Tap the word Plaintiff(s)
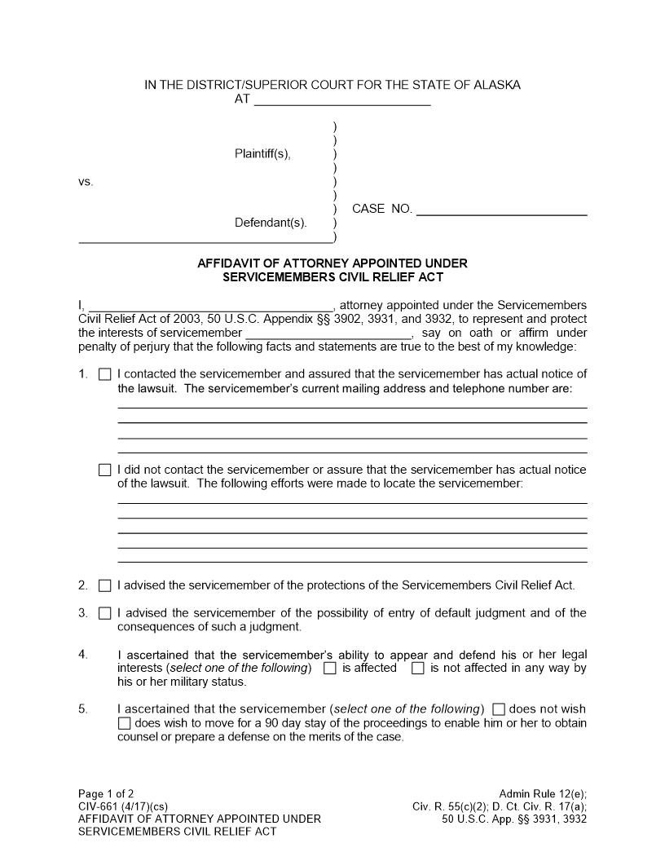coord(262,154)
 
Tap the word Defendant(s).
coord(271,223)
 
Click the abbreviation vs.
coord(86,182)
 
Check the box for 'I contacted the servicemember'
coord(104,375)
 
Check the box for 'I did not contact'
coord(104,470)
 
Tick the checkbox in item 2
coord(104,585)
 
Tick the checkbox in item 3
coord(104,613)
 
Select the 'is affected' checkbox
coord(330,669)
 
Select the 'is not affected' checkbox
coord(418,669)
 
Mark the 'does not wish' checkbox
coord(500,709)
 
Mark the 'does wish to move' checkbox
coord(124,723)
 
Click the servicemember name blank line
coord(328,334)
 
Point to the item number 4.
coord(83,655)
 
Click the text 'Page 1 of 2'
coord(106,793)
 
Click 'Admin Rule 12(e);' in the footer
coord(543,793)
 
